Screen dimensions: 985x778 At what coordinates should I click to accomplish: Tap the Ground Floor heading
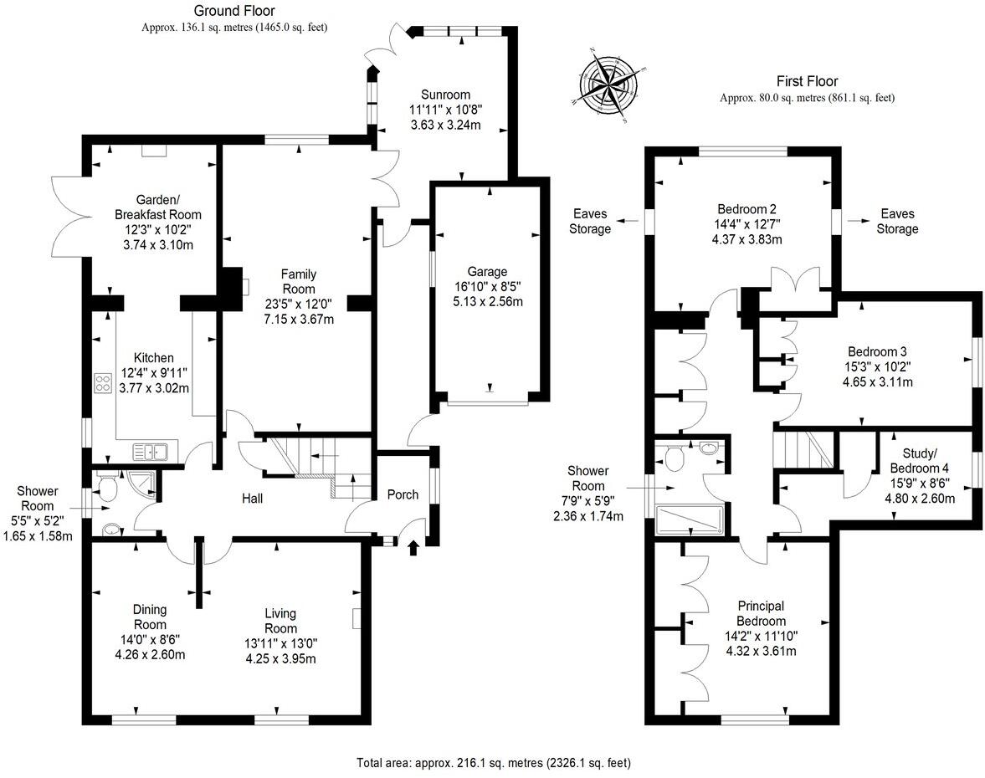point(234,11)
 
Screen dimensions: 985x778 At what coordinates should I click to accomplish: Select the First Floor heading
point(807,81)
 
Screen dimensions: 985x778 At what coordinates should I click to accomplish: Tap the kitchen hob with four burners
point(105,383)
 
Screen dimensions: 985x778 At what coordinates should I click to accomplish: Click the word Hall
point(252,499)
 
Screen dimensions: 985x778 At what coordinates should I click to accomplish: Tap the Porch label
point(403,494)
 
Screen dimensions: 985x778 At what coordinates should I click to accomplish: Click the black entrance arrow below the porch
point(412,548)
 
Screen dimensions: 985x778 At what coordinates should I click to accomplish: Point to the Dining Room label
point(150,617)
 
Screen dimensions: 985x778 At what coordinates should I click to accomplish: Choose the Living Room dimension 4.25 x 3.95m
point(281,658)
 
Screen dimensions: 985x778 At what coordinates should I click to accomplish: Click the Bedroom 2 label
point(741,209)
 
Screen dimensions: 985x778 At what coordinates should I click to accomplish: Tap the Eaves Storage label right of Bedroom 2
point(897,222)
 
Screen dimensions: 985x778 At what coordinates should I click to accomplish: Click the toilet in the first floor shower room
point(675,457)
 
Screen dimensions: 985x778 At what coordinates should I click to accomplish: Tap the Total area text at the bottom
point(493,763)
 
